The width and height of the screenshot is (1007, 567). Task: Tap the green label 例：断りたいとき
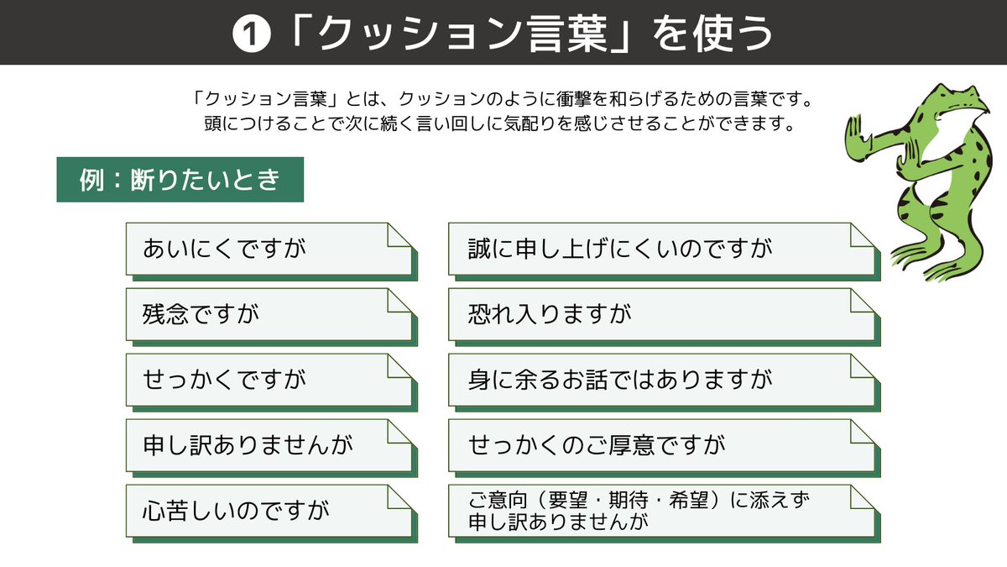[x=180, y=180]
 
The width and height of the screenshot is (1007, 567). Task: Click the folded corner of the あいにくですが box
[x=399, y=236]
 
